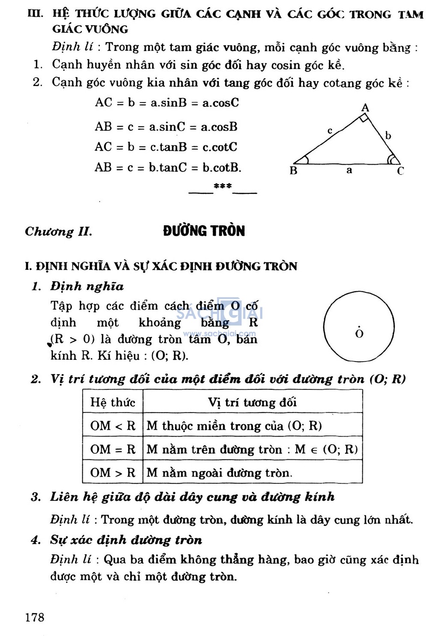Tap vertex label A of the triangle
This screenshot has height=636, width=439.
[x=365, y=107]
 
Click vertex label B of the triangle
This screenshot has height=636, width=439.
[x=293, y=170]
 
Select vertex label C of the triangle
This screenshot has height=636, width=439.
[x=400, y=171]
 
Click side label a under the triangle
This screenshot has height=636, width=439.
[x=349, y=170]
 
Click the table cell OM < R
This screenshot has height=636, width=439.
[x=112, y=425]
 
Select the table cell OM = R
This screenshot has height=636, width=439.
[x=112, y=449]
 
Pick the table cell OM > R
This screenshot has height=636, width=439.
[x=112, y=473]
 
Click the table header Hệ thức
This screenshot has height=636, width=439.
[x=112, y=402]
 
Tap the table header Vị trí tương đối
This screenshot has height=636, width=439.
[x=253, y=402]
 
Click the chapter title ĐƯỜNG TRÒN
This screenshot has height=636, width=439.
[x=204, y=231]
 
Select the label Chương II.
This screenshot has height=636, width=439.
[x=58, y=232]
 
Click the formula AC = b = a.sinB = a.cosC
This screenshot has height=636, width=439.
[x=167, y=103]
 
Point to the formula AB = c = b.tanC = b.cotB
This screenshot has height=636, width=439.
[x=168, y=167]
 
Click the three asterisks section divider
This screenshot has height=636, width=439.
[x=223, y=186]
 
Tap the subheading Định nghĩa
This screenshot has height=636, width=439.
[x=87, y=286]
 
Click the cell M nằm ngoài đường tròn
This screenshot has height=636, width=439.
[x=219, y=473]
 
